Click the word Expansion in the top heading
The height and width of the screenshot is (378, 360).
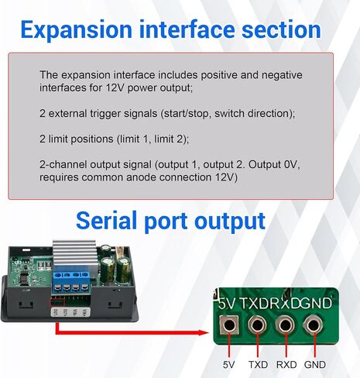point(77,30)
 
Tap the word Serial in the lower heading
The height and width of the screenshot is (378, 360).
point(107,221)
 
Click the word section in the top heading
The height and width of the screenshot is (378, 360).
point(281,29)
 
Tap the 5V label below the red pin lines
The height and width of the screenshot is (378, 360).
point(228,365)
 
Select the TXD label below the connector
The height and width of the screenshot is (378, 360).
point(258,365)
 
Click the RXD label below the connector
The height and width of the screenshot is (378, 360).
point(286,365)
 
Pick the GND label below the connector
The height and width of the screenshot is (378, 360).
point(315,365)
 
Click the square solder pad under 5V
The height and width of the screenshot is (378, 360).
point(229,325)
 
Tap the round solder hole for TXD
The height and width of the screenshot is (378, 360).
point(257,325)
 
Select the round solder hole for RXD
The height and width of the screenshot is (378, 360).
point(285,325)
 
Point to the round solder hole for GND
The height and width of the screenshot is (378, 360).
point(314,325)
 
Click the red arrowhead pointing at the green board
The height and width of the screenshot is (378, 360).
point(204,332)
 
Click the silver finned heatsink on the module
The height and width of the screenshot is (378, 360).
point(74,255)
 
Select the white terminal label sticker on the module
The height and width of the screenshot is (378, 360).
point(70,312)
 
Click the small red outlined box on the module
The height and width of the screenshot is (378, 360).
point(57,302)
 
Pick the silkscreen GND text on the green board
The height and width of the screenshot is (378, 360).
point(316,303)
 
